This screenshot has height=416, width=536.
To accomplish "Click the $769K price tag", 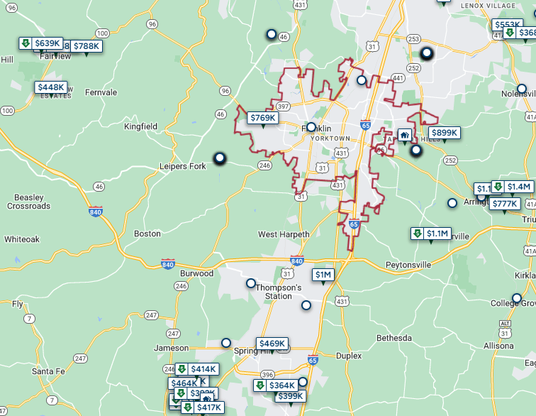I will pyautogui.click(x=263, y=118).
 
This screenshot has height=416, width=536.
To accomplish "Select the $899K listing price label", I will pyautogui.click(x=445, y=133).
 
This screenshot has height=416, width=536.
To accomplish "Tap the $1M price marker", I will pyautogui.click(x=323, y=275).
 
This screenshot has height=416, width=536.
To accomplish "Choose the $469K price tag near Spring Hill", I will pyautogui.click(x=272, y=344).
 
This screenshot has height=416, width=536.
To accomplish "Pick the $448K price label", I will pyautogui.click(x=51, y=87).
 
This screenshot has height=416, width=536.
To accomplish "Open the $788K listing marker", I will pyautogui.click(x=86, y=46).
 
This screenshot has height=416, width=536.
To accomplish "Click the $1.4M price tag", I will pyautogui.click(x=518, y=187).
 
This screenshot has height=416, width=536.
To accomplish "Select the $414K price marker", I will pyautogui.click(x=203, y=369).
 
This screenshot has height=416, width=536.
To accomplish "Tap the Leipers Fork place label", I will pyautogui.click(x=181, y=166).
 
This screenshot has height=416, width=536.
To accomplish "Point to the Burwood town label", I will pyautogui.click(x=196, y=273).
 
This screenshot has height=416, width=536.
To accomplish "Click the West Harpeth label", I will pyautogui.click(x=284, y=234).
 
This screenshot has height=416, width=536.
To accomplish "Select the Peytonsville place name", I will pyautogui.click(x=408, y=265).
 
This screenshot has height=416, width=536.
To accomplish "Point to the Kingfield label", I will pyautogui.click(x=140, y=126).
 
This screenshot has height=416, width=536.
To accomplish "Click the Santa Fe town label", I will pyautogui.click(x=49, y=371).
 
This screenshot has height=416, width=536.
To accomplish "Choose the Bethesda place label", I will pyautogui.click(x=394, y=338).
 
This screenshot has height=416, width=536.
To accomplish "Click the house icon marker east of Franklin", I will pyautogui.click(x=404, y=135).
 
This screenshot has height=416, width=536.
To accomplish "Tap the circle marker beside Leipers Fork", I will pyautogui.click(x=220, y=158).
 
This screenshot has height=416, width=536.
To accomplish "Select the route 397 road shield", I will pyautogui.click(x=283, y=106).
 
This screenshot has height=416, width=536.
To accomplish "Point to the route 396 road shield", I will pyautogui.click(x=267, y=374).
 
